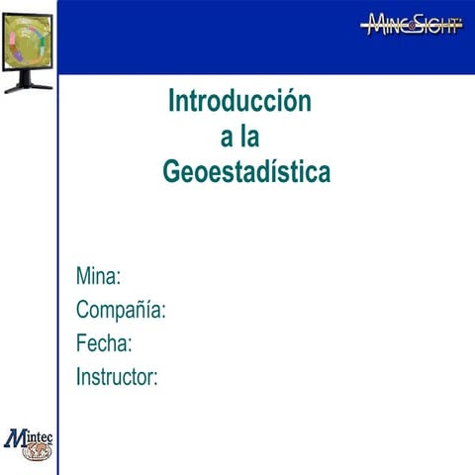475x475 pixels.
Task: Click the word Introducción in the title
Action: click(x=239, y=101)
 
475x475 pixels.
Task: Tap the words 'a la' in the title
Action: click(x=240, y=138)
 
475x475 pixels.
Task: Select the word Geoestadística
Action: click(x=246, y=173)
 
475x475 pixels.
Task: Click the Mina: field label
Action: click(x=99, y=275)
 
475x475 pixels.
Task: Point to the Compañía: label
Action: click(x=121, y=310)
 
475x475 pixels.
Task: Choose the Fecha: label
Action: click(x=104, y=343)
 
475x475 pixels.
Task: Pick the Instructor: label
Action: click(x=117, y=376)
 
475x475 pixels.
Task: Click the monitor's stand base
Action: click(x=28, y=87)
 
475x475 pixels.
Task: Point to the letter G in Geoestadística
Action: click(x=173, y=173)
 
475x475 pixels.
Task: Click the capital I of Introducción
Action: click(x=172, y=101)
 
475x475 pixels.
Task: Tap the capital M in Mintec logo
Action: click(x=16, y=436)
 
